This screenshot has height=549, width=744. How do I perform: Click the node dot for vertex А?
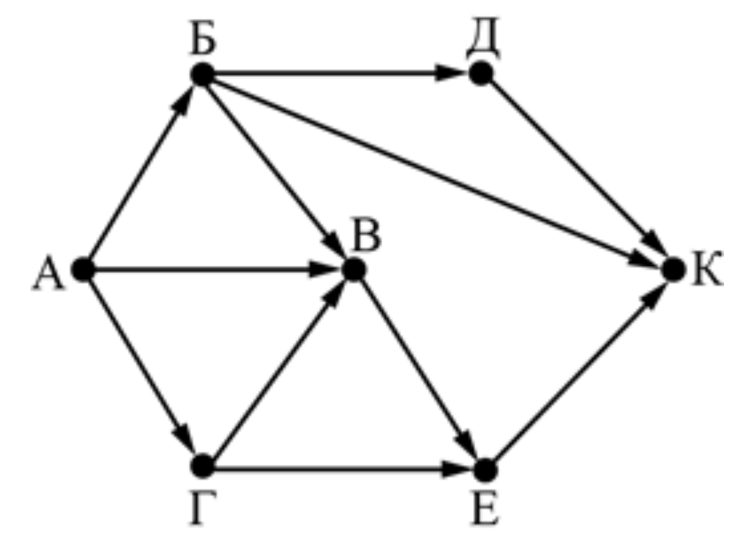point(83,270)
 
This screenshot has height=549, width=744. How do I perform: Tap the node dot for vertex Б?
point(203,74)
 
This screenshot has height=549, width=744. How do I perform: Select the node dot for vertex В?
point(354,270)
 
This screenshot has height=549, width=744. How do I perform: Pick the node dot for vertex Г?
point(203,465)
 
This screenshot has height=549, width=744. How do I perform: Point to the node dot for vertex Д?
point(481,74)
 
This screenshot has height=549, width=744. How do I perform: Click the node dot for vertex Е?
point(485,470)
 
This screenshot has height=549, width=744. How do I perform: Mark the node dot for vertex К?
point(674,270)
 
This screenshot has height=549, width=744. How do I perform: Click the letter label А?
point(47,274)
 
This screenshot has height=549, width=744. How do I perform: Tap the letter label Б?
point(203,38)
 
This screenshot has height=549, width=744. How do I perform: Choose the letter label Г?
point(203,509)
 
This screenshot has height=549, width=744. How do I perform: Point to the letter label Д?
point(482,37)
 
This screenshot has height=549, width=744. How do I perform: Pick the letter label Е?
point(486,509)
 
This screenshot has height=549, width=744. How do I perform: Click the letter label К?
point(707,270)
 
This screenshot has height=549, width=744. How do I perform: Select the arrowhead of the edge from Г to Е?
point(456,469)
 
